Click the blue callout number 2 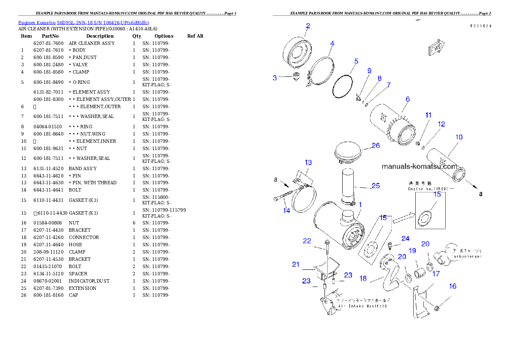[x=308, y=26]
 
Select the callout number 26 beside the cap [x=375, y=145]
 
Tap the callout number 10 [x=459, y=137]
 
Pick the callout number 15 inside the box [x=437, y=194]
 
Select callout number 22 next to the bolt [x=307, y=241]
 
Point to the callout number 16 [x=453, y=286]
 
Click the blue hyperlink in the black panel [x=83, y=23]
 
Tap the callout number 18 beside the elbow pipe [x=363, y=278]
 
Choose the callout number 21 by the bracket [x=296, y=264]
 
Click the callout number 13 [x=308, y=162]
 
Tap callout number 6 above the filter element [x=408, y=99]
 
